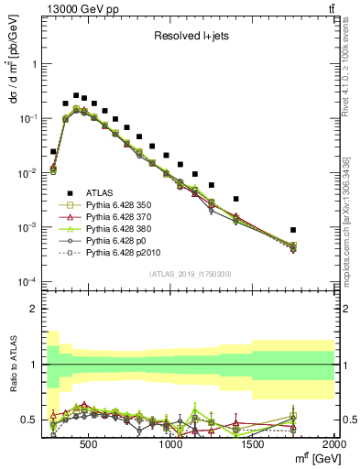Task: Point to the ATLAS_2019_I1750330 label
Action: pos(190,274)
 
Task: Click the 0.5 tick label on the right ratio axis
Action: pos(348,420)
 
